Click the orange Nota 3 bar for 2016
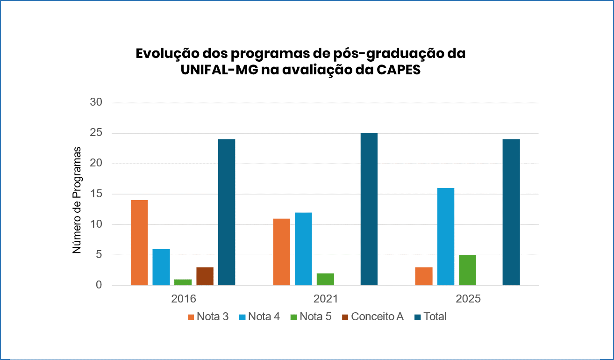pyautogui.click(x=139, y=243)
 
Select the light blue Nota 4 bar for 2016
pyautogui.click(x=161, y=267)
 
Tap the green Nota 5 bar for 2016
pyautogui.click(x=183, y=282)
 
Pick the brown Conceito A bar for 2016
pyautogui.click(x=205, y=276)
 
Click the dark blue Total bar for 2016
pyautogui.click(x=227, y=212)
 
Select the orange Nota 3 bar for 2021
pyautogui.click(x=282, y=252)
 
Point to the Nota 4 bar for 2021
pyautogui.click(x=303, y=249)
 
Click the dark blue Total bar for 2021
pyautogui.click(x=369, y=209)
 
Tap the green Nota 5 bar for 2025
pyautogui.click(x=467, y=270)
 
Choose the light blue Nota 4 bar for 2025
pyautogui.click(x=446, y=237)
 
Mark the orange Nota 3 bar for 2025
pyautogui.click(x=424, y=276)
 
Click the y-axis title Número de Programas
pyautogui.click(x=77, y=200)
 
